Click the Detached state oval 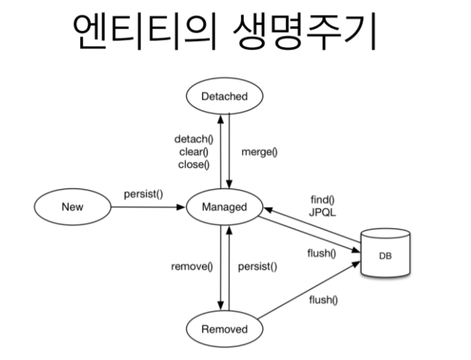pos(224,96)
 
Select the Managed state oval pos(224,207)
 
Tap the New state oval pos(73,207)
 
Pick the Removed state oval pos(224,329)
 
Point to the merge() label pos(259,151)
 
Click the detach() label pos(194,139)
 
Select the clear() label pos(194,151)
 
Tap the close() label pos(194,164)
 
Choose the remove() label pos(192,266)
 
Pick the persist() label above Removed pos(258,266)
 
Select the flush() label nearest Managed pos(321,254)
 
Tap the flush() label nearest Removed pos(321,299)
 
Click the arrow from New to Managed pos(148,207)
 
